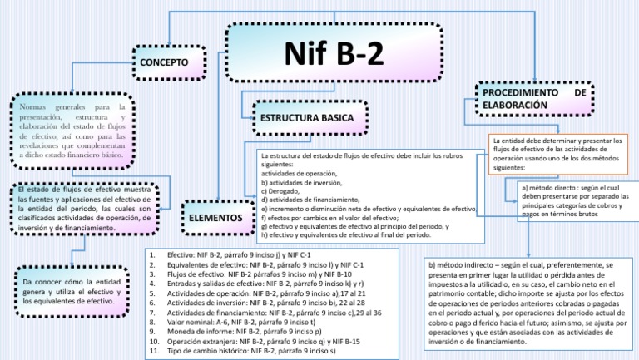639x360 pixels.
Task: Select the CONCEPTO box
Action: [170, 62]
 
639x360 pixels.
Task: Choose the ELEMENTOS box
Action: [215, 218]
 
